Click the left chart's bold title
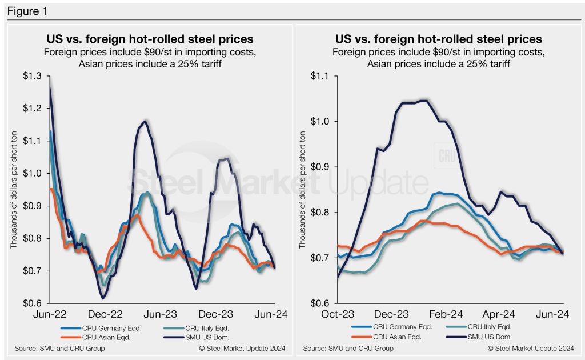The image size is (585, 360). click(150, 39)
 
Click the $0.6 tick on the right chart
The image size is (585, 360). click(323, 303)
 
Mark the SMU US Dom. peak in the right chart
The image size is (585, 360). click(423, 101)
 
